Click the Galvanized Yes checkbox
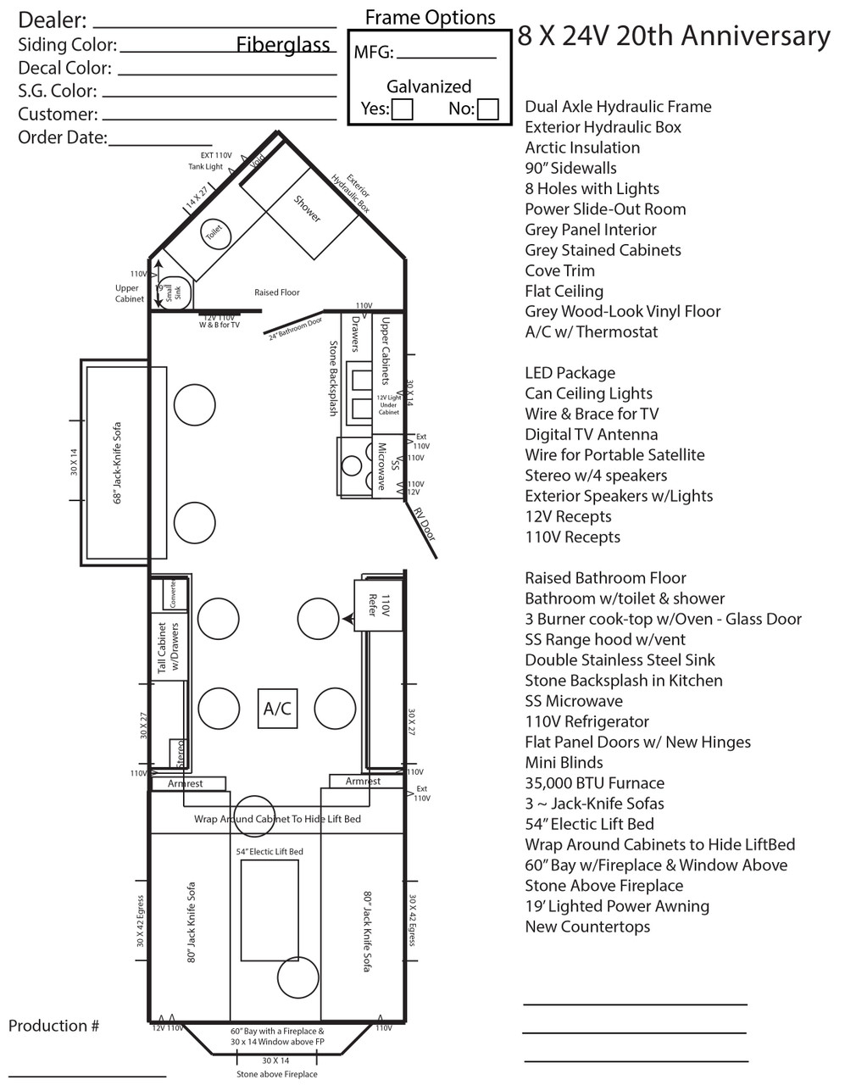pos(403,109)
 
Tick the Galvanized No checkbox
pos(487,109)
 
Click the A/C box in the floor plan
pos(277,709)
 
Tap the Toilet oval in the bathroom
pos(214,231)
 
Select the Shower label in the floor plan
pos(307,209)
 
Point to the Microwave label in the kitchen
pos(382,466)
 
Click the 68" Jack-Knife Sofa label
pos(117,464)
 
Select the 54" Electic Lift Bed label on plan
pos(269,851)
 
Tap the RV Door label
pos(424,523)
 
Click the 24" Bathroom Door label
pos(295,328)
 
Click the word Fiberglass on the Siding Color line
pos(283,45)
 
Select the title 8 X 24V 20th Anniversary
pos(673,36)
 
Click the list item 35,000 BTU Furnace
pos(594,783)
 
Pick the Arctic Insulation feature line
pos(582,147)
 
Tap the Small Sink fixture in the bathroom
pos(175,292)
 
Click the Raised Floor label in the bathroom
pos(277,292)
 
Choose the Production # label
pos(53,1026)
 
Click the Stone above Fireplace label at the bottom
pos(276,1074)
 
